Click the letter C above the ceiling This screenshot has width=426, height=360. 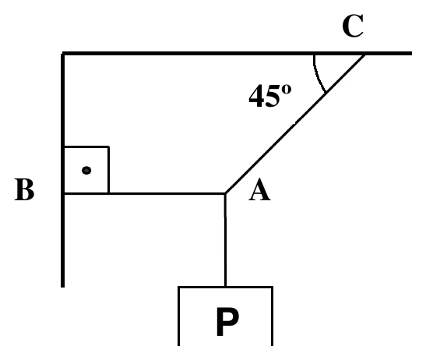353,26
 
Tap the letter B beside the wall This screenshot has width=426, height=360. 24,189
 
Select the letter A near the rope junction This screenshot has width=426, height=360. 259,189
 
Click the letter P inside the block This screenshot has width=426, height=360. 227,322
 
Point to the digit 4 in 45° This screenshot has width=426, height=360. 257,96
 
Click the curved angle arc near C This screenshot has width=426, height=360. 318,74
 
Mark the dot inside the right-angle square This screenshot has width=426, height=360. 86,171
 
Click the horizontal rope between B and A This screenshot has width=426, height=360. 145,193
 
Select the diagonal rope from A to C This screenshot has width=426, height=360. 295,124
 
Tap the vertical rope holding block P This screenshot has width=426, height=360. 225,240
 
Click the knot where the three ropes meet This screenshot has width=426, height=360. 225,193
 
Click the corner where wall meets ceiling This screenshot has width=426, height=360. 63,53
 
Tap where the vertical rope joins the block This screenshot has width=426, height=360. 225,286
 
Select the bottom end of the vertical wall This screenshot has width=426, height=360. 63,287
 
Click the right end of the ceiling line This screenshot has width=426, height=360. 412,53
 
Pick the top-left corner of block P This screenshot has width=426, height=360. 178,287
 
